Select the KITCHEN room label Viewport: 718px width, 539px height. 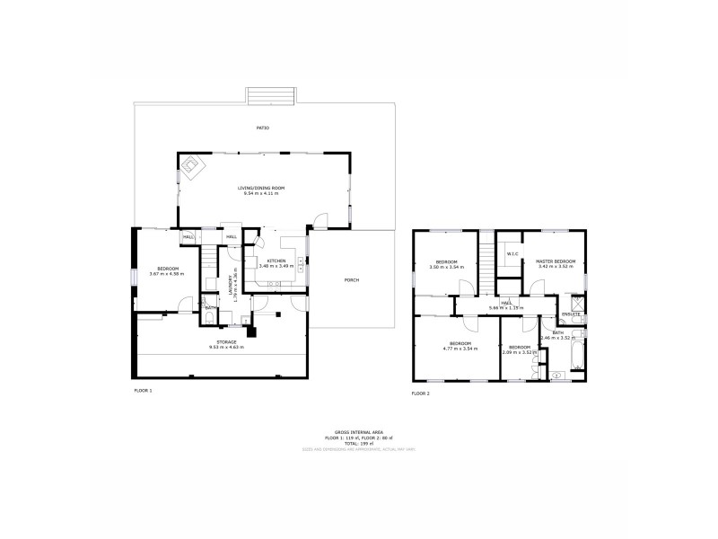point(276,261)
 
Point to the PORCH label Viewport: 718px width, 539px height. point(352,280)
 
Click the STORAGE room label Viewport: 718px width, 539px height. point(223,342)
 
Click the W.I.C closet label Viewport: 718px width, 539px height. point(512,254)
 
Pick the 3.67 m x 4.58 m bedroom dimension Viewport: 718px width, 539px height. point(168,273)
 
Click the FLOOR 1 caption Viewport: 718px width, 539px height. point(144,391)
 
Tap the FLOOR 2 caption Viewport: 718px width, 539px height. point(421,393)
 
